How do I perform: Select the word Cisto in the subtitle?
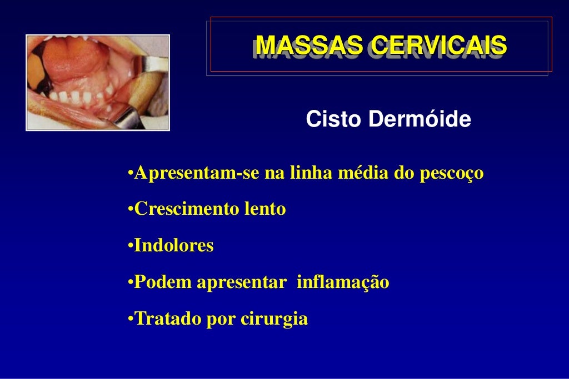pos(331,119)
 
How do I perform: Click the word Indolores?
pos(174,246)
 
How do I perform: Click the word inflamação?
pos(343,282)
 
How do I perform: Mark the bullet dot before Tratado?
pos(130,320)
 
